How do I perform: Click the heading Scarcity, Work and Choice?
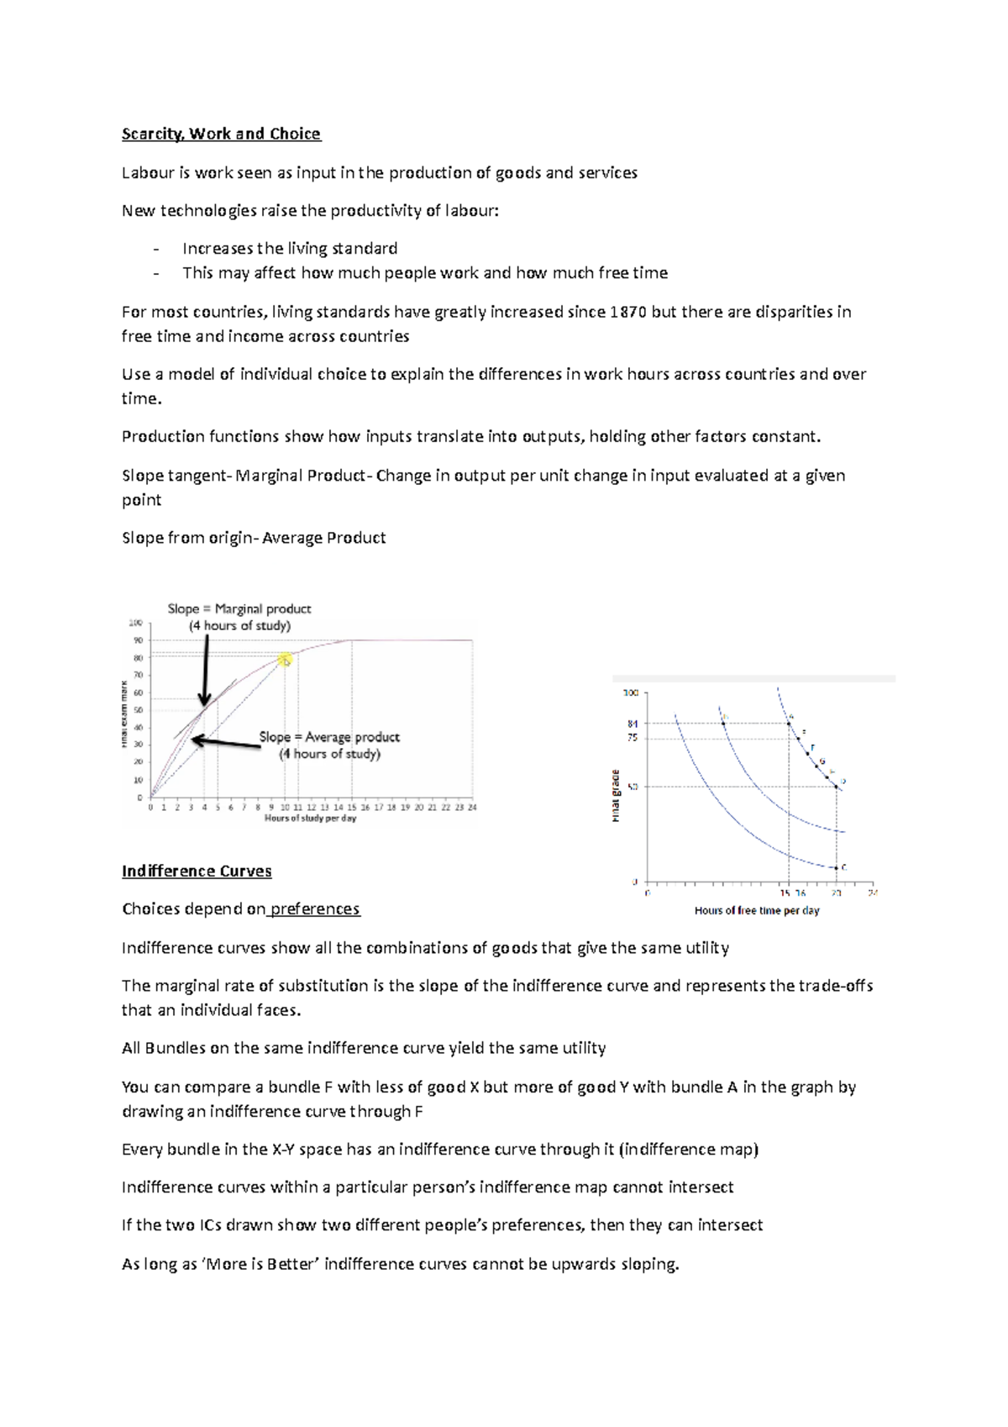pyautogui.click(x=221, y=134)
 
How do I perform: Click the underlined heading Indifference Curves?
pyautogui.click(x=197, y=871)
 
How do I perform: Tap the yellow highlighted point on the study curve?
pyautogui.click(x=286, y=660)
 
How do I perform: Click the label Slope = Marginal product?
pyautogui.click(x=239, y=608)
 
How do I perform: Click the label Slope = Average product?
pyautogui.click(x=329, y=737)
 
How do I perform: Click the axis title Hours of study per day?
pyautogui.click(x=310, y=818)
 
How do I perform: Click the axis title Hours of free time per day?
pyautogui.click(x=757, y=910)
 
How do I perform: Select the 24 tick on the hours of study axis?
pyautogui.click(x=472, y=807)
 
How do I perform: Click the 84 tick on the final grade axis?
pyautogui.click(x=633, y=724)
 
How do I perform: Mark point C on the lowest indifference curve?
pyautogui.click(x=836, y=867)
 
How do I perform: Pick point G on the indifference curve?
pyautogui.click(x=816, y=766)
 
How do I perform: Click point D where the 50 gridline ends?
pyautogui.click(x=836, y=787)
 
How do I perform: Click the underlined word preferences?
pyautogui.click(x=315, y=909)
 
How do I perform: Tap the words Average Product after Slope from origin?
pyautogui.click(x=324, y=538)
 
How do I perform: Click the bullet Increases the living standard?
pyautogui.click(x=290, y=249)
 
